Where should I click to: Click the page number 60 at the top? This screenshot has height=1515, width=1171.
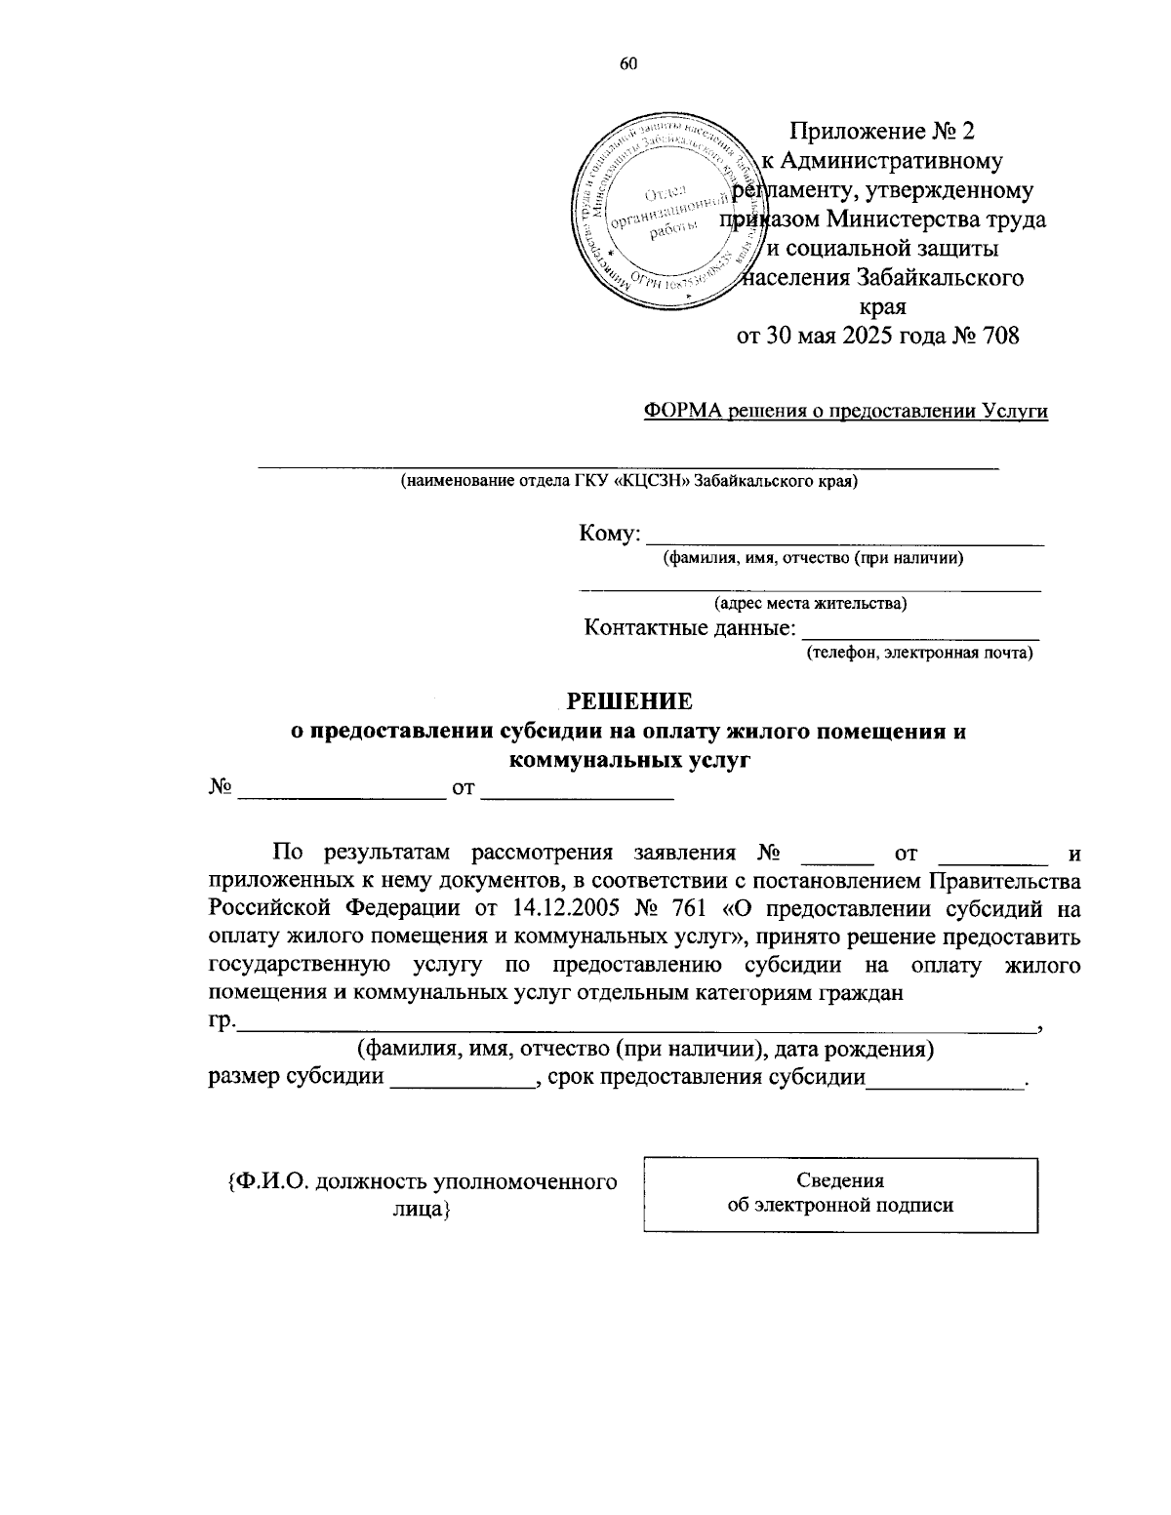click(627, 64)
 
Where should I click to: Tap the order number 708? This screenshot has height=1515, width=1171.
click(999, 337)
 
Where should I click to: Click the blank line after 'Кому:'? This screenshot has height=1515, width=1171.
click(845, 536)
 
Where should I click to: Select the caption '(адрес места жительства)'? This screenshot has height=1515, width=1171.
click(810, 603)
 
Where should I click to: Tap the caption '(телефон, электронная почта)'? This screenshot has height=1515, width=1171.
click(918, 653)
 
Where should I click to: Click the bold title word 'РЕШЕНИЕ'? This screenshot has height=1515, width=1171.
click(629, 701)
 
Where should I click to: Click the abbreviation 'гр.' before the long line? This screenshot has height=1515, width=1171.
click(222, 1021)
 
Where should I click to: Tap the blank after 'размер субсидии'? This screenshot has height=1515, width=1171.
click(460, 1080)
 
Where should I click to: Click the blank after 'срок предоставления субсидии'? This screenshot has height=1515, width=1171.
click(945, 1080)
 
